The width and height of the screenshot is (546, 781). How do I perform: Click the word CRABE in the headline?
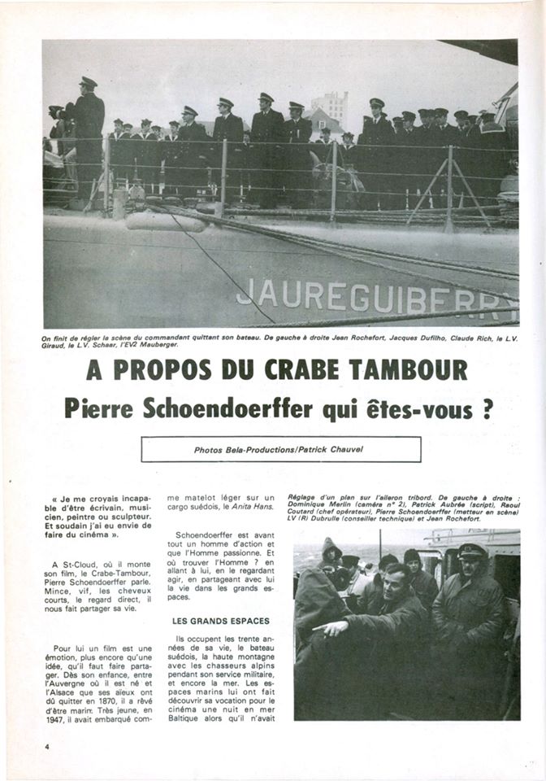(305, 370)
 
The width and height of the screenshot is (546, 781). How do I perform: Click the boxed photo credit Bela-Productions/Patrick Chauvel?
(280, 449)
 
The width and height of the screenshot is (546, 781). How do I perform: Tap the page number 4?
(48, 746)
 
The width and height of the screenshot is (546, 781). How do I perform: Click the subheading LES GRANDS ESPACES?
(221, 620)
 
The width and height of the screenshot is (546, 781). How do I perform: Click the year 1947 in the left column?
(63, 718)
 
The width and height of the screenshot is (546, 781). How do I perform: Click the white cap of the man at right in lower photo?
(472, 549)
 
